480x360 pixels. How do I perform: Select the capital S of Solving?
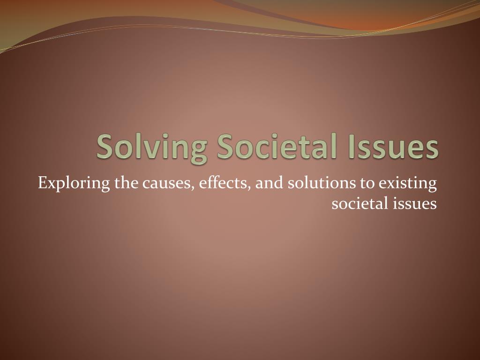click(105, 147)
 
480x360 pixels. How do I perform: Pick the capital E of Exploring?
click(42, 183)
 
